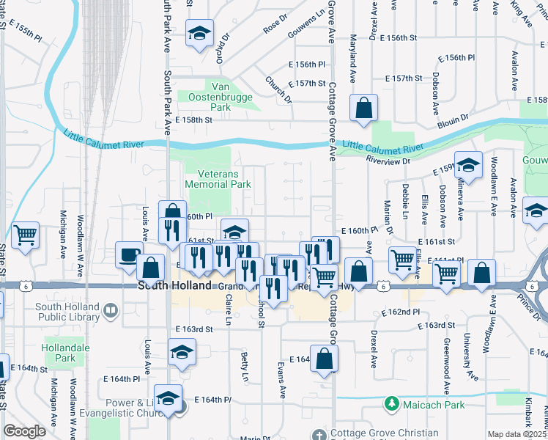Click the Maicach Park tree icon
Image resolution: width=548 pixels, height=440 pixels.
click(x=392, y=403)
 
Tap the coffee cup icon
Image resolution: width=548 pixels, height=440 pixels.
click(x=129, y=254)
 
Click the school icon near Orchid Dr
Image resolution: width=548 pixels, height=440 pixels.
click(x=199, y=34)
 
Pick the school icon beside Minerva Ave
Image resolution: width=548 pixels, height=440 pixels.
click(x=468, y=166)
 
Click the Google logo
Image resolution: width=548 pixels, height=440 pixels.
click(x=24, y=431)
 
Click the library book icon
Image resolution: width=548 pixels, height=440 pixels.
click(x=110, y=311)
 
